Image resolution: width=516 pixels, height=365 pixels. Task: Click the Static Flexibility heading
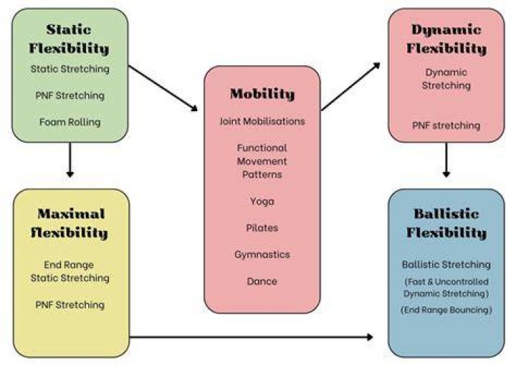(x=69, y=39)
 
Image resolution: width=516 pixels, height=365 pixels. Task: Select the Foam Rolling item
(x=70, y=122)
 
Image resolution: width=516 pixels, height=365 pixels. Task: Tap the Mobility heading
(x=262, y=94)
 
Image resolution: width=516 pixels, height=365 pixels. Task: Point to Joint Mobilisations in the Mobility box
(x=262, y=121)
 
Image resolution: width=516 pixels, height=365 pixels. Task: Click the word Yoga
(x=262, y=202)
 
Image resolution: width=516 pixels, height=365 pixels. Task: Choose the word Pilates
(x=262, y=227)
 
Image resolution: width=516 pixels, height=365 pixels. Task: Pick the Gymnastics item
(x=262, y=255)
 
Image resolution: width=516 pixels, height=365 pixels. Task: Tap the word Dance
(x=262, y=281)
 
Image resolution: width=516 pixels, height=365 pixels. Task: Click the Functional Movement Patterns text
(x=262, y=161)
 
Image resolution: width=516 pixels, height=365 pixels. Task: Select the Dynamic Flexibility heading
(x=446, y=39)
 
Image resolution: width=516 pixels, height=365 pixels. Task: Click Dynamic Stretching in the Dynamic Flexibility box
(x=446, y=79)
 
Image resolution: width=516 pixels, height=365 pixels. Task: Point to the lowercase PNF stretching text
(x=446, y=125)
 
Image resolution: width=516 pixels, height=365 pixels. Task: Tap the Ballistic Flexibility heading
(x=446, y=223)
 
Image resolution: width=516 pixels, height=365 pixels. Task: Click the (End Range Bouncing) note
(x=446, y=310)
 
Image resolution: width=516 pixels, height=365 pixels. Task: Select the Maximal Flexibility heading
(x=70, y=223)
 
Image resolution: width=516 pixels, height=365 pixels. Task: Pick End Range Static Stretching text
(x=70, y=272)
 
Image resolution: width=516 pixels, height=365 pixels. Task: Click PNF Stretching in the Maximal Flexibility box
(x=70, y=305)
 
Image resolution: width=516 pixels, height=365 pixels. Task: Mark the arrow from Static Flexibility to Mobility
(x=163, y=88)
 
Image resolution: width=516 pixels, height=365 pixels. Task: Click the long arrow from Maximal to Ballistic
(x=252, y=336)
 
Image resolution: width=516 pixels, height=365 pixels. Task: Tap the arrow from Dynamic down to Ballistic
(x=446, y=160)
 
